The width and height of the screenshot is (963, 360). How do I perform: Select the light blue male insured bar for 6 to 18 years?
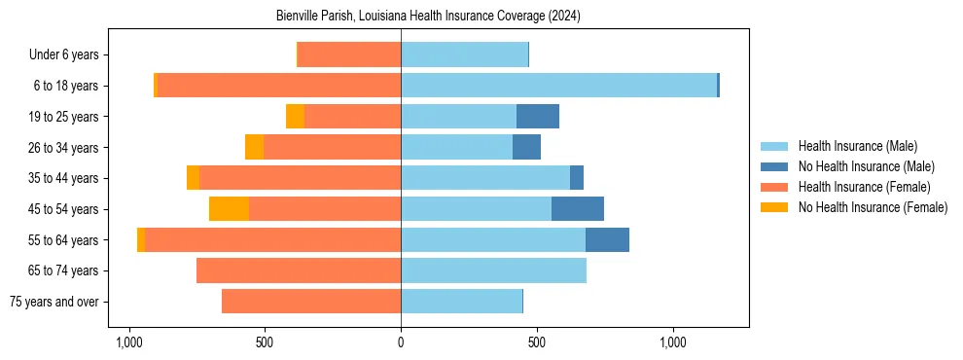tap(558, 86)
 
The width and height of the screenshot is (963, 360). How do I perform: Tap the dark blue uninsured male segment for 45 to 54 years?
tap(577, 209)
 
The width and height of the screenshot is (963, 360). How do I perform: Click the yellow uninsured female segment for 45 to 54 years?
tap(229, 209)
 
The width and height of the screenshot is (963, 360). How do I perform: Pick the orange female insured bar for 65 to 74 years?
tap(299, 270)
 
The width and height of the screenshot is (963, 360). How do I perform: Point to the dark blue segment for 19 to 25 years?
tap(537, 117)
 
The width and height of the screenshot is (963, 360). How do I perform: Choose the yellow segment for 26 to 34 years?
tap(254, 147)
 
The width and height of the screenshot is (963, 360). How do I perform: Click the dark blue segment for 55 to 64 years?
tap(607, 239)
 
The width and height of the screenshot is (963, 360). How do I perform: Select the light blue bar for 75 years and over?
tap(461, 302)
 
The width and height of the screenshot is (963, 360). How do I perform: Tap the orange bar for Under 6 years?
tap(349, 54)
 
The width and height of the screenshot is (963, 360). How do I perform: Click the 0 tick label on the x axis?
tap(401, 342)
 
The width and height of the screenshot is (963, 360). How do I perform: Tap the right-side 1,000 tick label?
tap(673, 342)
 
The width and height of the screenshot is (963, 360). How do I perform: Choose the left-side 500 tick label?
tap(265, 342)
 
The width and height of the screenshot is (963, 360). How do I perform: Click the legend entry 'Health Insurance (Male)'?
tap(857, 146)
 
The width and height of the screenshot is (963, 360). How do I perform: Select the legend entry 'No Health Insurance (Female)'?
tap(873, 207)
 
